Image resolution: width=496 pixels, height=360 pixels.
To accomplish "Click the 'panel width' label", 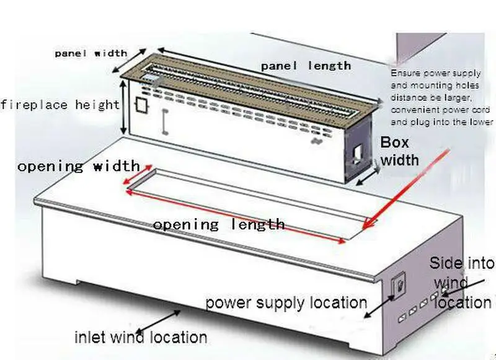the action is coord(91,53).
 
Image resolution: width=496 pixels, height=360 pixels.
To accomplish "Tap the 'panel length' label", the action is coord(306,66).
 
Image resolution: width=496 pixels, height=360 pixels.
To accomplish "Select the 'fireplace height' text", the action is coord(60,105).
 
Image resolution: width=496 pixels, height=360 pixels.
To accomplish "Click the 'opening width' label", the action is coord(79,166).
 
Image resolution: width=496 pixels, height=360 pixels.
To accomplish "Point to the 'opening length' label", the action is coord(219,225).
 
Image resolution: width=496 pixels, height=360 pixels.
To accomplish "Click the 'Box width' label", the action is coord(399,151).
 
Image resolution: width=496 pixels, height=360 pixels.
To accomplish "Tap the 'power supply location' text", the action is coord(286,302).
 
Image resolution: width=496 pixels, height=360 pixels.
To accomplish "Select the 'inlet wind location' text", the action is coord(141,337).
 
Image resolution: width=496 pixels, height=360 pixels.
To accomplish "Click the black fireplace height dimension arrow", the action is coord(124,107).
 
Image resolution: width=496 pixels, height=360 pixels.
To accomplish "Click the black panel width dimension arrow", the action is coord(130,61).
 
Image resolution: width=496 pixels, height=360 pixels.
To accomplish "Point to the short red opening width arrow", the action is coord(137,175).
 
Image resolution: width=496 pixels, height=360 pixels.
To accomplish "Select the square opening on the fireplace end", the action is coord(358,155).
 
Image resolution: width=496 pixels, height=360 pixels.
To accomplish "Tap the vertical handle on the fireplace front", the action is coord(164,121).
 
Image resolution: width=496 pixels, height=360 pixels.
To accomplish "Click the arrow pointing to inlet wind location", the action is coord(158,322).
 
